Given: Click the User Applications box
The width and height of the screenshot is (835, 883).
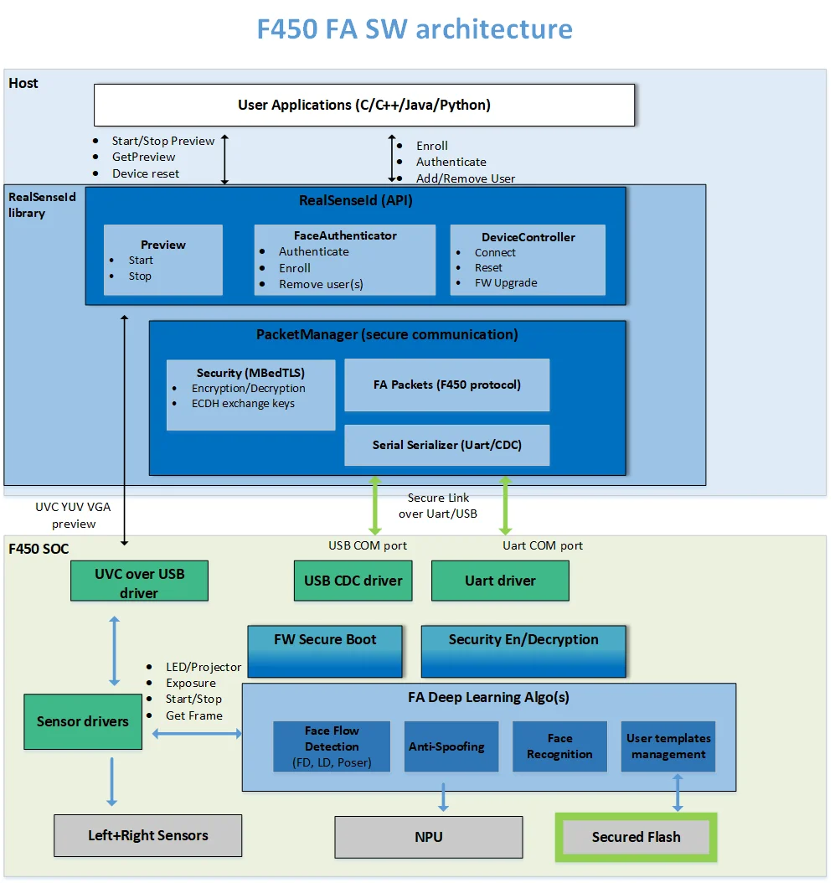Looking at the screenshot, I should (x=363, y=105).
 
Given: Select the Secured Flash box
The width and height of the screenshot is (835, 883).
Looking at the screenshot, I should (x=636, y=837).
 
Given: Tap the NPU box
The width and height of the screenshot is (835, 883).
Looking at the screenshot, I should (x=429, y=837).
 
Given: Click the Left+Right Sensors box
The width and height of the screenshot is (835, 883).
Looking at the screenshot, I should (x=147, y=835).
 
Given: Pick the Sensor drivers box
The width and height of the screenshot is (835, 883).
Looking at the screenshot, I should (x=82, y=721).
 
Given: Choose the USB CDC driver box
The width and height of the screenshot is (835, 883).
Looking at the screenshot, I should (x=353, y=581).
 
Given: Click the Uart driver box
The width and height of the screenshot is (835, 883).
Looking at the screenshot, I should (x=500, y=581).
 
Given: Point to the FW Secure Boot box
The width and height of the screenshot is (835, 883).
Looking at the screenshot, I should (x=325, y=650).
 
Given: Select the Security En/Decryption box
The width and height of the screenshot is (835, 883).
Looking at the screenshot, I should (x=523, y=650).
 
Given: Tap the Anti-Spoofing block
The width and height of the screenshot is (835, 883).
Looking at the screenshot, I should (x=446, y=746).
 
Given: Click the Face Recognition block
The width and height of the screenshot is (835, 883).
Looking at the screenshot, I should (x=559, y=746).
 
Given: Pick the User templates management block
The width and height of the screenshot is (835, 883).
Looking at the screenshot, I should (x=668, y=746).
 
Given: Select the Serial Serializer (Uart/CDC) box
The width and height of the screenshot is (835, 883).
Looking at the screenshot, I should (x=447, y=445).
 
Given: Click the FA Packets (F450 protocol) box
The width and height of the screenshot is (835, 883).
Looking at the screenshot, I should (x=447, y=385).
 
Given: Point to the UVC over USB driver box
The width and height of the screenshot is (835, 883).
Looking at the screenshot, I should (x=139, y=582).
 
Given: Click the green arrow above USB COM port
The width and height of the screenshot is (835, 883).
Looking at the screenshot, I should (x=374, y=506).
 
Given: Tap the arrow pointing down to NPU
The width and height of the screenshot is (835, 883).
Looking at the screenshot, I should (x=444, y=797).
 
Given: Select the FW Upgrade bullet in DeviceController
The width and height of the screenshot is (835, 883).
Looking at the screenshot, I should (x=505, y=283).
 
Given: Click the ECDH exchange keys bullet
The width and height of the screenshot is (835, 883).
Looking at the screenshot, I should (x=243, y=404).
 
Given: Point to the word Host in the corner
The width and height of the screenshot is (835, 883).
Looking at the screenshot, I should (x=23, y=84).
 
